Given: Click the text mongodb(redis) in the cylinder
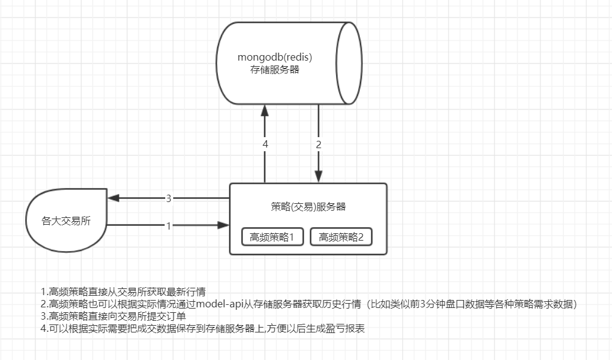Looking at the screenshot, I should pyautogui.click(x=275, y=58).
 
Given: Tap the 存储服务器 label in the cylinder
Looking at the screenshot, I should pyautogui.click(x=275, y=70).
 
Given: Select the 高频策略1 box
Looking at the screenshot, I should pyautogui.click(x=272, y=237).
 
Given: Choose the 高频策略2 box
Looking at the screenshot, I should pyautogui.click(x=341, y=237).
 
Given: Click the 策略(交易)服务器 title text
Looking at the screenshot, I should pyautogui.click(x=308, y=206).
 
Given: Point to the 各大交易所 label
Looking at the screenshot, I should pyautogui.click(x=66, y=221).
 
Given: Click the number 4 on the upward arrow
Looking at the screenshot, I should pyautogui.click(x=265, y=144).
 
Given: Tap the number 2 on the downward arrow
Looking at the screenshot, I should pyautogui.click(x=319, y=144).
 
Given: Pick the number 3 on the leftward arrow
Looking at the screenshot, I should pyautogui.click(x=168, y=198).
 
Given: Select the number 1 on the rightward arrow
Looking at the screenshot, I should pyautogui.click(x=168, y=225).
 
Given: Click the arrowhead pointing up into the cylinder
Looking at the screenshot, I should pyautogui.click(x=265, y=110).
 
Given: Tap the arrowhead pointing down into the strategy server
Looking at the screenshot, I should pyautogui.click(x=319, y=177).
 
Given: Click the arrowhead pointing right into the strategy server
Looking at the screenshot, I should pyautogui.click(x=223, y=225).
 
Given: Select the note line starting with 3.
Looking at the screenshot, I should pyautogui.click(x=113, y=315).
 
